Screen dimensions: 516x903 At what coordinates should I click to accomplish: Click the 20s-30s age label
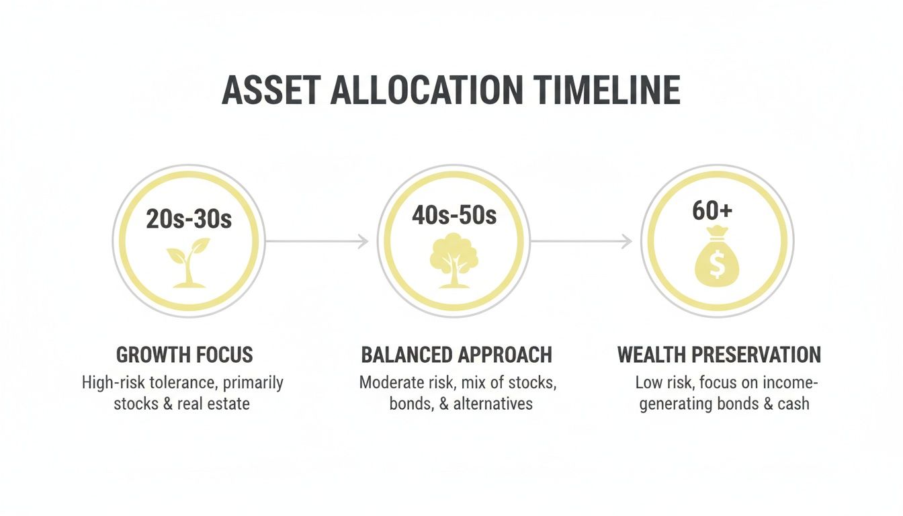[189, 219]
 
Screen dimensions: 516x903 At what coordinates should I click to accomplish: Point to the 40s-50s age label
[454, 215]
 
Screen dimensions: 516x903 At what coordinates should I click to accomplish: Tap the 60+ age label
[712, 211]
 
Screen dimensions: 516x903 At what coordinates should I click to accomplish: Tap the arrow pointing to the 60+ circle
[581, 241]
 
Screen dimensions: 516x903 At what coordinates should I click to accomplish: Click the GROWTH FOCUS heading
[185, 355]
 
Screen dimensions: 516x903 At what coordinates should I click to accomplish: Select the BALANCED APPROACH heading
[456, 355]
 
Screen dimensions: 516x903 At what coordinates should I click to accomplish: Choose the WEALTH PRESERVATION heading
[719, 355]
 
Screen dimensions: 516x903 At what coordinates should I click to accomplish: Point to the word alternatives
[492, 404]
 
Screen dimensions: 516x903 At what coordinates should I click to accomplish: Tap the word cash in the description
[793, 404]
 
